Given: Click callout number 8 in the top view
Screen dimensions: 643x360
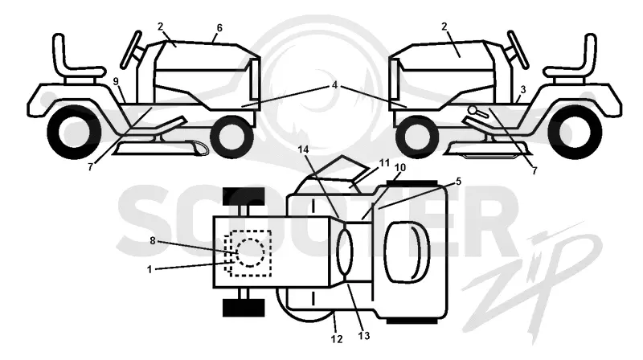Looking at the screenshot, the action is click(153, 241).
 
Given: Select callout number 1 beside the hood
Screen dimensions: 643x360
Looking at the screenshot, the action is click(149, 269).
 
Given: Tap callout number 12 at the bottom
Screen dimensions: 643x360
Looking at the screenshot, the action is click(336, 339).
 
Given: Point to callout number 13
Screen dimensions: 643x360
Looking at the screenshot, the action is click(364, 335).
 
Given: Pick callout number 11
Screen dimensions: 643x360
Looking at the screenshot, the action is click(384, 163).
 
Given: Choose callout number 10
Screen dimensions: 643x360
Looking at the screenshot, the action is click(400, 167).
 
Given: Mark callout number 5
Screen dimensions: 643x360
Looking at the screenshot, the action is click(458, 182).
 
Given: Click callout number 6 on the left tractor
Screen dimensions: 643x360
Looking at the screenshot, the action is click(219, 28).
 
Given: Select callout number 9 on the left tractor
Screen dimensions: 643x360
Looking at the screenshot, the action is click(116, 82).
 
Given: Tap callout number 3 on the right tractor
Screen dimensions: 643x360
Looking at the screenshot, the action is click(523, 90).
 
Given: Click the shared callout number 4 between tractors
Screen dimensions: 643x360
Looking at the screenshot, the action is click(334, 85).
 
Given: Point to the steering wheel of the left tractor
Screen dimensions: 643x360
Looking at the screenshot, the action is click(131, 49).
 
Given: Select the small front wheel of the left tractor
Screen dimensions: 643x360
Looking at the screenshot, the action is click(231, 137).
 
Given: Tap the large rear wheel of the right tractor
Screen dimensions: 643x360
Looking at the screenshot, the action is click(576, 132).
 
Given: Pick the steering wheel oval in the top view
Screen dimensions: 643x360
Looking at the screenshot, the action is click(345, 252).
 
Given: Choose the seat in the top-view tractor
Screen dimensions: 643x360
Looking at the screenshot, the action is click(407, 252).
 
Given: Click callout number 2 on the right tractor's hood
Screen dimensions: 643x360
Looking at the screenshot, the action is click(444, 27).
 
